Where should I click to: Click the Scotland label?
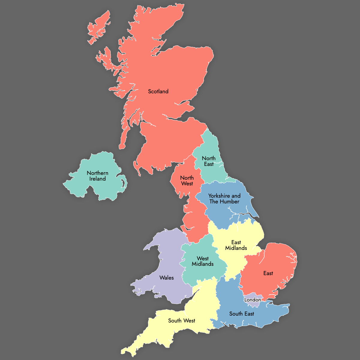158,91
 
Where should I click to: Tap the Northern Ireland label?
97,176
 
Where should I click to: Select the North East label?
209,161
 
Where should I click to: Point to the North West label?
187,181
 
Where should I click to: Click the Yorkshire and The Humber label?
224,199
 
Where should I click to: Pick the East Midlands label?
236,245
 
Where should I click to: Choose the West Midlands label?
203,261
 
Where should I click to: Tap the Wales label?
166,278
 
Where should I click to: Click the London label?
253,300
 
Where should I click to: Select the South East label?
241,314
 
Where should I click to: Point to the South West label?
181,321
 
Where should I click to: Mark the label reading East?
268,273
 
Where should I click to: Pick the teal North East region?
210,144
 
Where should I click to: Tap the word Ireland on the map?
97,179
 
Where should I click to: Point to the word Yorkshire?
219,196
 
